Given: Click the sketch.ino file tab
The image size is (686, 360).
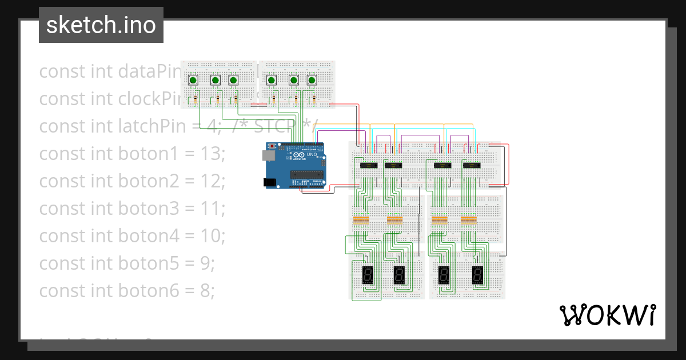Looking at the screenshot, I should pyautogui.click(x=101, y=25).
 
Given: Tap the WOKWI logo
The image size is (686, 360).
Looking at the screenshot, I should pyautogui.click(x=607, y=315).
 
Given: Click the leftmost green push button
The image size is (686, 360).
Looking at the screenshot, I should pyautogui.click(x=193, y=81).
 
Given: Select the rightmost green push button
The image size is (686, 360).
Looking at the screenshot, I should pyautogui.click(x=312, y=81).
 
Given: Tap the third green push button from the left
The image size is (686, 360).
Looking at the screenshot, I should pyautogui.click(x=233, y=81).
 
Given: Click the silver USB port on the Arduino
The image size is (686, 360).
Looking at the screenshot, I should pyautogui.click(x=266, y=155).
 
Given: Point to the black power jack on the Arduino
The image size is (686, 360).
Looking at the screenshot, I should pyautogui.click(x=269, y=182).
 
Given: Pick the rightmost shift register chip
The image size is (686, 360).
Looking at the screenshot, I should pyautogui.click(x=472, y=166).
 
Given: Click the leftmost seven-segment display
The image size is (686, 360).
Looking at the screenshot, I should pyautogui.click(x=368, y=276).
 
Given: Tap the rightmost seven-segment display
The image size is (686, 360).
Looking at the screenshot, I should pyautogui.click(x=477, y=276).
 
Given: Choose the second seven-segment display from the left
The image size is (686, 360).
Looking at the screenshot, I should pyautogui.click(x=399, y=276).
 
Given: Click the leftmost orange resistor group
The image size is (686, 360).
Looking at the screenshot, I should pyautogui.click(x=361, y=220).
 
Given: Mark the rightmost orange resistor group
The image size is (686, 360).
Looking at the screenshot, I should pyautogui.click(x=469, y=220).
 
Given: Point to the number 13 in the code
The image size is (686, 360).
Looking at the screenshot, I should pyautogui.click(x=214, y=153).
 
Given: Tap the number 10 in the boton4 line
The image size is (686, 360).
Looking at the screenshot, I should pyautogui.click(x=214, y=235).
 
